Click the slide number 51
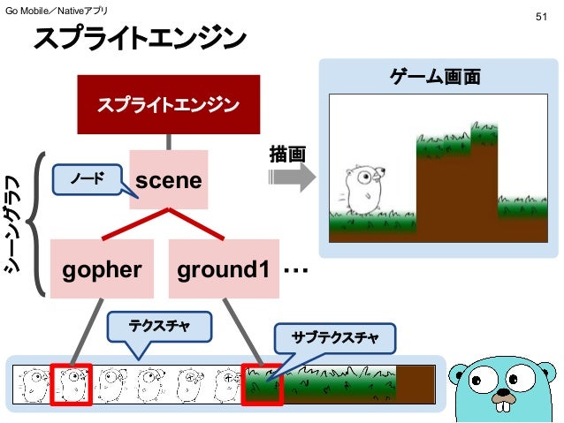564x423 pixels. pyautogui.click(x=542, y=17)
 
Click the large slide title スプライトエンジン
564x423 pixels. pyautogui.click(x=140, y=40)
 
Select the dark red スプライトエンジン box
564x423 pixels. pyautogui.click(x=168, y=105)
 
